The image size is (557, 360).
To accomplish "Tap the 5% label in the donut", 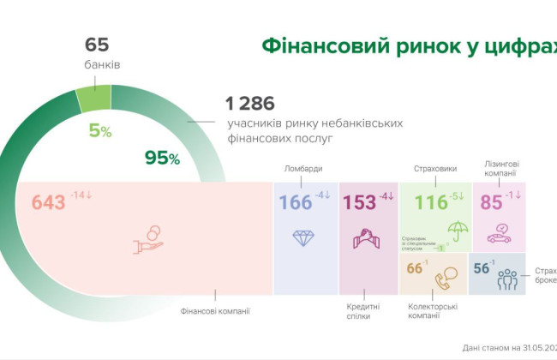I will click(101, 131).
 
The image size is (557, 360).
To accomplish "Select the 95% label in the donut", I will click(162, 158).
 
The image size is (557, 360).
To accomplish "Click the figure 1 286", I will click(249, 104).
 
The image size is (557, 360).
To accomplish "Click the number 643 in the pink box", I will click(49, 203).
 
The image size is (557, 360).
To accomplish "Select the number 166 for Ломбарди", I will click(295, 203).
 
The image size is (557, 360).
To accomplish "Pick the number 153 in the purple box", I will click(360, 203).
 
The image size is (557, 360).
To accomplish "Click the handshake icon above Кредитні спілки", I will click(367, 238).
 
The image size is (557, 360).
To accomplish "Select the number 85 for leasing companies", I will click(491, 203).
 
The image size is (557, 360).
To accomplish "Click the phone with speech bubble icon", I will click(446, 279).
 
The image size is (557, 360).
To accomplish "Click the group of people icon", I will click(508, 279).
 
